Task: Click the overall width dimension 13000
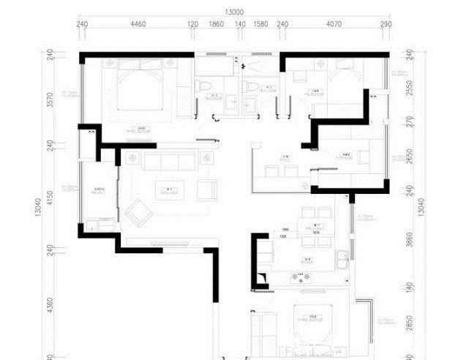pos(234,11)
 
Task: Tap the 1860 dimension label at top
pos(217,24)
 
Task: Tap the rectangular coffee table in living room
pos(170,192)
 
